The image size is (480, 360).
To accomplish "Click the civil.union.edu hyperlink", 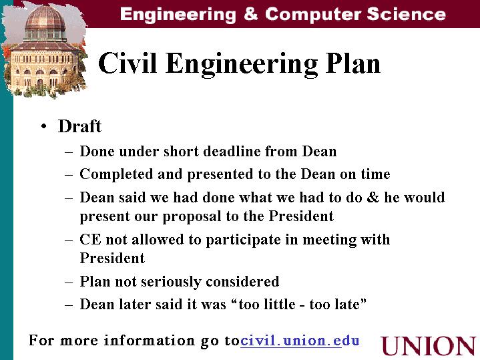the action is pyautogui.click(x=300, y=341).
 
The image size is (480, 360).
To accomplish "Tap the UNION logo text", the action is pyautogui.click(x=429, y=346).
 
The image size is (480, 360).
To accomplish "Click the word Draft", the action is pyautogui.click(x=79, y=126).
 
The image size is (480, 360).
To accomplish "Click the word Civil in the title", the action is pyautogui.click(x=128, y=63).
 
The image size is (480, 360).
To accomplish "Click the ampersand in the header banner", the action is pyautogui.click(x=251, y=14).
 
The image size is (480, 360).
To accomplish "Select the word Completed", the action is pyautogui.click(x=116, y=174).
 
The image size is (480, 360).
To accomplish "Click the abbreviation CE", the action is pyautogui.click(x=90, y=239).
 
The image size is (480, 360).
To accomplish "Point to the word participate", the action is pyautogui.click(x=243, y=240).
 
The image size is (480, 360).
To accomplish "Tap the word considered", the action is pyautogui.click(x=242, y=281).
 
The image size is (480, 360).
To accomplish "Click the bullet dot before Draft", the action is pyautogui.click(x=44, y=126).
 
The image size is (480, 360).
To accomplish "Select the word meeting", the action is pyautogui.click(x=329, y=240).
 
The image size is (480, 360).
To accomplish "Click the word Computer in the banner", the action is pyautogui.click(x=313, y=14).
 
